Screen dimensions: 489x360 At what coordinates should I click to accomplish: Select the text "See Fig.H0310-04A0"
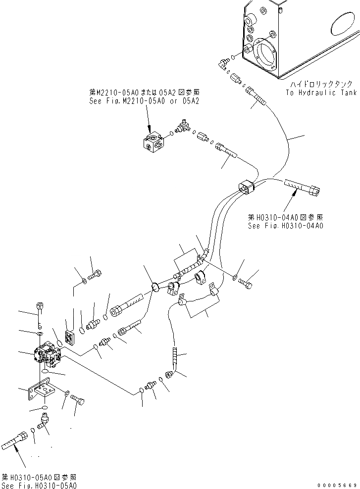point(285,226)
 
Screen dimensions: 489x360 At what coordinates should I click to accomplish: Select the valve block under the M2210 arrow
point(153,141)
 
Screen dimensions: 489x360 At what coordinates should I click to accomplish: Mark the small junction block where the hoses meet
point(246,187)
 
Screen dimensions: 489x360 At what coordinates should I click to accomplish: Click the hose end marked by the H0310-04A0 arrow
point(303,186)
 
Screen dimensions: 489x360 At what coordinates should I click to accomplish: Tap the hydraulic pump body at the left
point(47,355)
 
